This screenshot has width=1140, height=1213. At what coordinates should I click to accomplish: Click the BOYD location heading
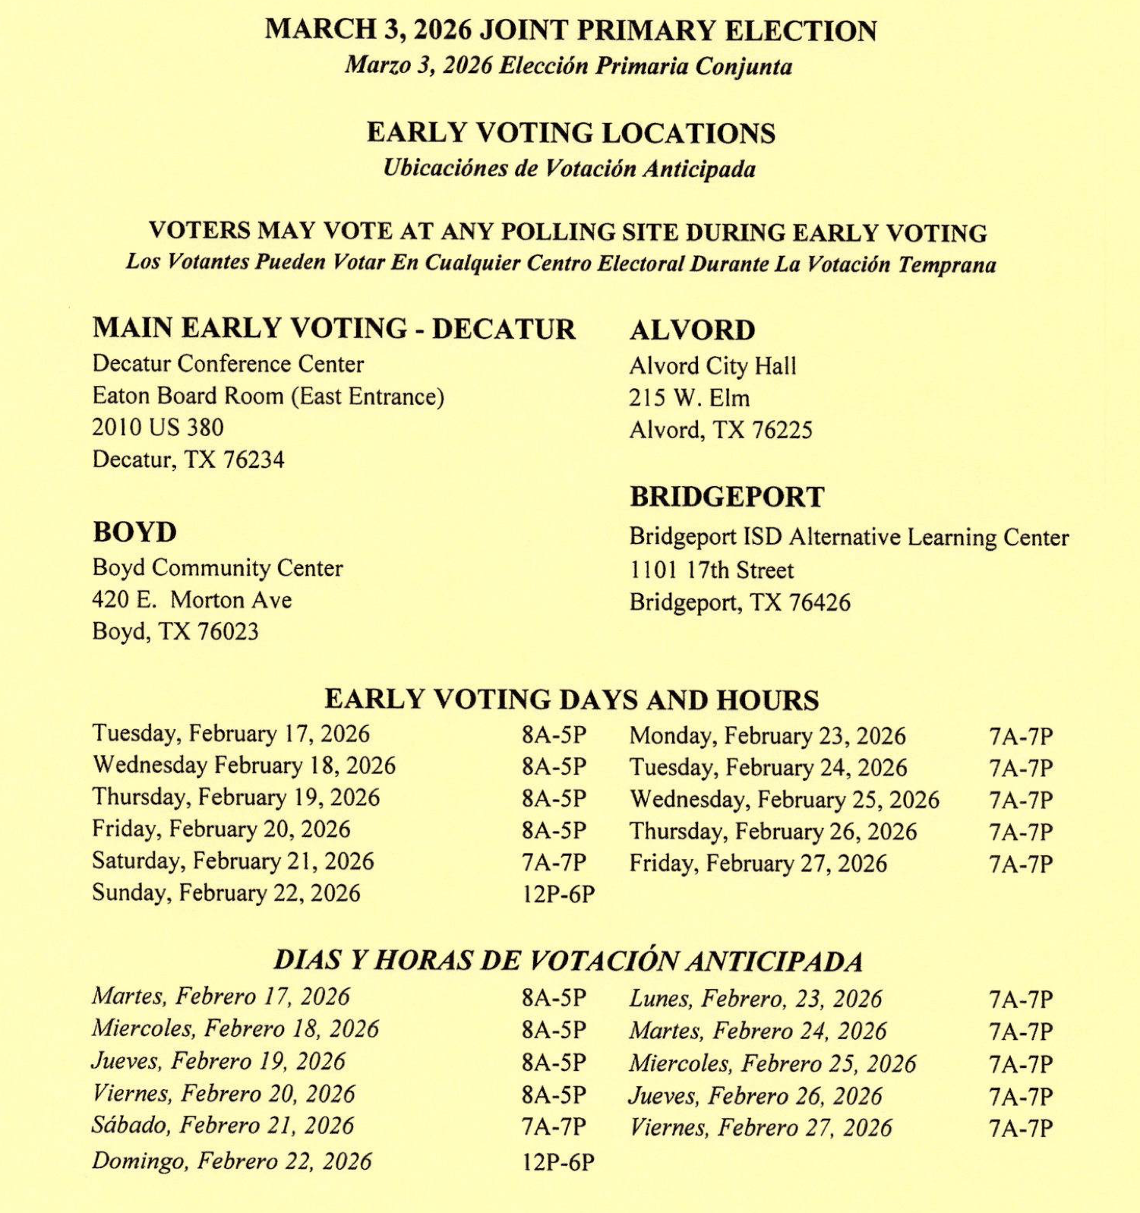pyautogui.click(x=134, y=532)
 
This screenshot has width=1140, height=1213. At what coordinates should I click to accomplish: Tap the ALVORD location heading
pyautogui.click(x=692, y=330)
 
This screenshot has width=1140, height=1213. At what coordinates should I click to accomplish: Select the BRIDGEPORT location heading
pyautogui.click(x=727, y=497)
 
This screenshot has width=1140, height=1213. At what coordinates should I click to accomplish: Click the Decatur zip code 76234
pyautogui.click(x=254, y=460)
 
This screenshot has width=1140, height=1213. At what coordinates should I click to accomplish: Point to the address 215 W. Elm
pyautogui.click(x=689, y=398)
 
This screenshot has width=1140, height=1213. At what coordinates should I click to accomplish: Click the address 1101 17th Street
pyautogui.click(x=711, y=570)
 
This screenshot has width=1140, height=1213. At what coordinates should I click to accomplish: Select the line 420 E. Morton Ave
pyautogui.click(x=191, y=600)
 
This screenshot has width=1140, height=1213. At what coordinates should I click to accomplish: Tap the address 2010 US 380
pyautogui.click(x=158, y=428)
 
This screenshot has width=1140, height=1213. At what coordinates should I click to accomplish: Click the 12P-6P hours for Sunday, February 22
pyautogui.click(x=557, y=895)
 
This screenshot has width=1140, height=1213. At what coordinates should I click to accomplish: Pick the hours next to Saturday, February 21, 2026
pyautogui.click(x=554, y=863)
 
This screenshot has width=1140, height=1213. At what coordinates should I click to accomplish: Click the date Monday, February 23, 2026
pyautogui.click(x=767, y=736)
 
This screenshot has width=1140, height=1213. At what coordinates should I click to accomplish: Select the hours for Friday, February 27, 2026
pyautogui.click(x=1020, y=864)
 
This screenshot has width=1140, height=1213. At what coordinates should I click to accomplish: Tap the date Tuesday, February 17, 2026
pyautogui.click(x=231, y=734)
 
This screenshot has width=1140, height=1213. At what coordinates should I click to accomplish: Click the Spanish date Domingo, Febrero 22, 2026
pyautogui.click(x=232, y=1161)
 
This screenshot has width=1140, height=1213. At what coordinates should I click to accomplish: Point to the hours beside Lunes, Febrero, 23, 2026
pyautogui.click(x=1020, y=1000)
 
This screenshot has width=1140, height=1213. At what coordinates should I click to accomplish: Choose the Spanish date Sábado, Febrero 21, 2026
pyautogui.click(x=223, y=1126)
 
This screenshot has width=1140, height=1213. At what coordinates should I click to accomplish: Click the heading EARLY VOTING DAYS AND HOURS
pyautogui.click(x=571, y=700)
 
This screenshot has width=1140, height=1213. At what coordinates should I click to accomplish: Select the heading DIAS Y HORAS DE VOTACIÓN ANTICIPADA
pyautogui.click(x=568, y=961)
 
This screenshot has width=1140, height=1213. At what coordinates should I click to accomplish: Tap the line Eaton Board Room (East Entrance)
pyautogui.click(x=268, y=396)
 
